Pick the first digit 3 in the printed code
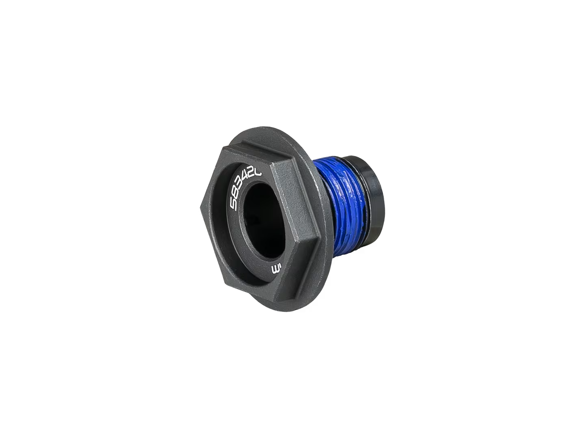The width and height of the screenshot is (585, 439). click(x=240, y=187)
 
